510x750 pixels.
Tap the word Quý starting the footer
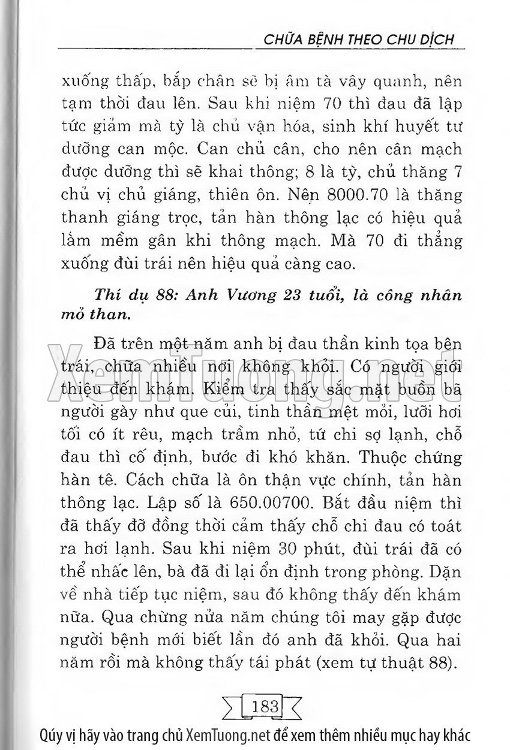(50, 736)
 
